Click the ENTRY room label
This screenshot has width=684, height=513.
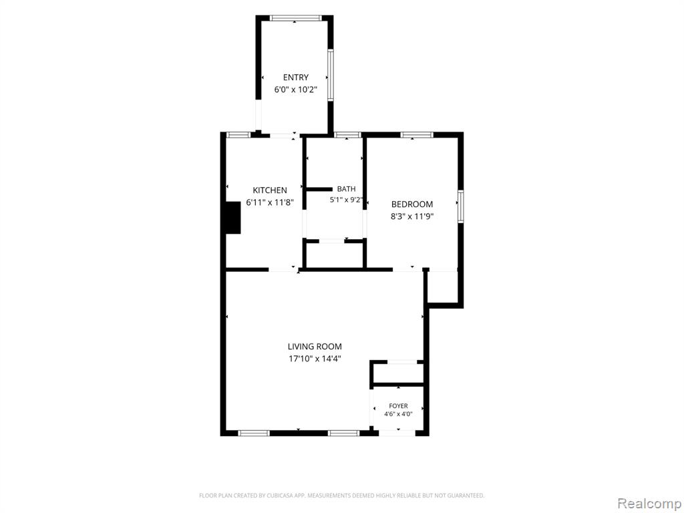[296, 77]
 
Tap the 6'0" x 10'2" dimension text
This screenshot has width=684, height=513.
[295, 90]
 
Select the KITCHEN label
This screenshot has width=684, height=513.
[270, 190]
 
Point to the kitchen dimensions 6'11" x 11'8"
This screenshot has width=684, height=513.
[270, 202]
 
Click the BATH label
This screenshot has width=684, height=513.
[347, 189]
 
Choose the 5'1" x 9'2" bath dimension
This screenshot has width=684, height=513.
[346, 200]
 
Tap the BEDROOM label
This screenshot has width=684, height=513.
[411, 204]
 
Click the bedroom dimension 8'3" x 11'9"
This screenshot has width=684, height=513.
[411, 216]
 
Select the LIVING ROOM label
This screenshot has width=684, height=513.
[315, 347]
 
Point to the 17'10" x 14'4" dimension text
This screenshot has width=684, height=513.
[315, 359]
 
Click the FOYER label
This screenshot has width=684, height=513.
[398, 405]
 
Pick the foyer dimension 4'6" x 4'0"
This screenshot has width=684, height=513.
[398, 414]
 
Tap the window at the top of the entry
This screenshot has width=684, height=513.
[296, 18]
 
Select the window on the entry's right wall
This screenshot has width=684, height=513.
[331, 75]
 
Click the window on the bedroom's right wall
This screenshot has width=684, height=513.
[461, 206]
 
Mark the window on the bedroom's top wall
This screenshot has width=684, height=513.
[417, 135]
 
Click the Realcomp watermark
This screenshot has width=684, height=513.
[648, 503]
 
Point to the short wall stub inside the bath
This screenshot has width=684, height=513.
[319, 189]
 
